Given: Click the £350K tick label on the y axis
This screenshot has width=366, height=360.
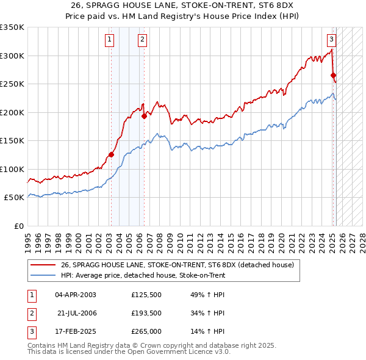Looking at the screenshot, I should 12,27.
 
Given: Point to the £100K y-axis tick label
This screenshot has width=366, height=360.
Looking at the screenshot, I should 12,169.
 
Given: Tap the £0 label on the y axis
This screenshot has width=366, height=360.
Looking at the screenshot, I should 18,226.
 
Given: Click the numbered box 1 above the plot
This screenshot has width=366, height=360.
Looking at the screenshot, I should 109,40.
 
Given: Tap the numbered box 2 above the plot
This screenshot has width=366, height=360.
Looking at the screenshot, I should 142,40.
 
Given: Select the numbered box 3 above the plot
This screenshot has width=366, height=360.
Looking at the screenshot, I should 331,40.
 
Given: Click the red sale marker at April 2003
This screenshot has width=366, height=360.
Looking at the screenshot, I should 112,154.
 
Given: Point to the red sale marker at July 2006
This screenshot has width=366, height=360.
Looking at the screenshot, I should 145,116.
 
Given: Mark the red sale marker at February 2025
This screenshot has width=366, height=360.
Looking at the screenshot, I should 334,76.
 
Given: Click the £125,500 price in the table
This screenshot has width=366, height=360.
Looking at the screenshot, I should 146,295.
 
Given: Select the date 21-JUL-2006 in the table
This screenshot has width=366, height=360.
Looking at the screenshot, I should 77,313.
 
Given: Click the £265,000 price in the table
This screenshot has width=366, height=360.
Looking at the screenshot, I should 146,331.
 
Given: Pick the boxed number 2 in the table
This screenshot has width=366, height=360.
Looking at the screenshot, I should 31,313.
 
